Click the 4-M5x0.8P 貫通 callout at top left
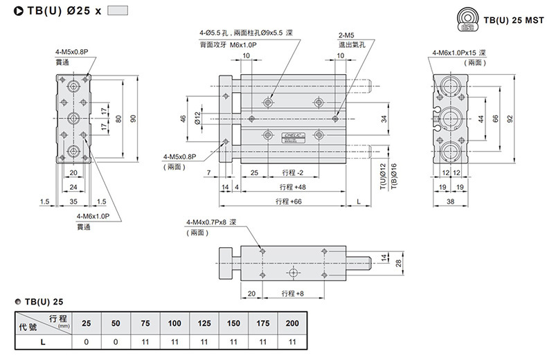point(71,57)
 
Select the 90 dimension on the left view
point(134,118)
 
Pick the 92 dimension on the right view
point(510,118)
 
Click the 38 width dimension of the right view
point(450,201)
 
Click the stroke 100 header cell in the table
point(174,323)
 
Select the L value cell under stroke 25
point(87,341)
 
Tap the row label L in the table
point(43,341)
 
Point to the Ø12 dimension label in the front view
point(198,118)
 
